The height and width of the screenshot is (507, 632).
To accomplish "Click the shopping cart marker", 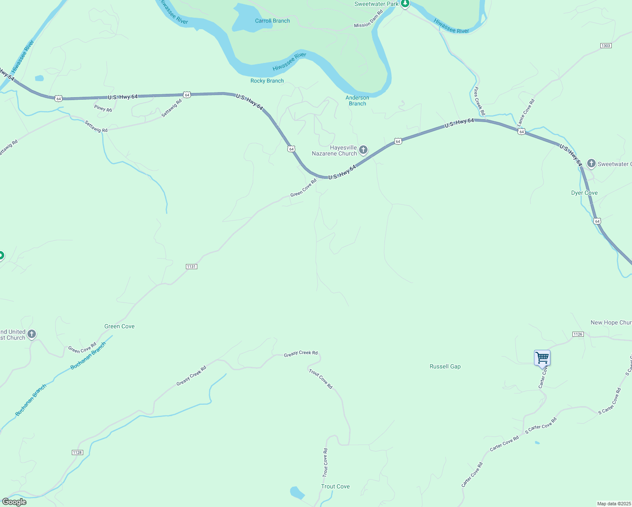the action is tap(542, 358).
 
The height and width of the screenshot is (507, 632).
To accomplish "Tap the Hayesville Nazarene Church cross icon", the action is tap(363, 150).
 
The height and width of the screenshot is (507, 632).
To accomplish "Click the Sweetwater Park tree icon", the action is tap(405, 4).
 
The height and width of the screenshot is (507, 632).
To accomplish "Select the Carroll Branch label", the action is tap(272, 21).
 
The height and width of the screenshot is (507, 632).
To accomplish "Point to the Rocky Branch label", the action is tap(267, 81).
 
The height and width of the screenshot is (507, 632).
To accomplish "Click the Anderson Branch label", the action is tap(357, 101).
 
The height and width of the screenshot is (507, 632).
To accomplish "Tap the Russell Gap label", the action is tap(445, 366).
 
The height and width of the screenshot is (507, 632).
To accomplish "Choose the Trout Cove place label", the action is tap(335, 486).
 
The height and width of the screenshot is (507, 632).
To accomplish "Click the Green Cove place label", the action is tap(120, 326).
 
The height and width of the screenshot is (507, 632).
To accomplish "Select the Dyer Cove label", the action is tap(584, 193).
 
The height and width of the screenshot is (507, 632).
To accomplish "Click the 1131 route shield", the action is tap(191, 267).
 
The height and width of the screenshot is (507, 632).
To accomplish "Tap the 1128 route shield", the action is tap(77, 452).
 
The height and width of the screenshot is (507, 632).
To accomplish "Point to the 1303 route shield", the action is tap(606, 46).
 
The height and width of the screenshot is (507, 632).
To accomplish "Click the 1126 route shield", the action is tap(578, 334).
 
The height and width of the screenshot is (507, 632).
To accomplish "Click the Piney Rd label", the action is tap(103, 109).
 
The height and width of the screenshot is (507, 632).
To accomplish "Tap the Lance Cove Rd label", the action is tap(526, 112).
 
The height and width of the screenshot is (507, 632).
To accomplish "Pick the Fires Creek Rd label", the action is tap(479, 101).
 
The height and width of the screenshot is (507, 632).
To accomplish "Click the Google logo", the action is tap(14, 502).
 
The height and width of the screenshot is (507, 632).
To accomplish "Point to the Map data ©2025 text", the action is tap(613, 504).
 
